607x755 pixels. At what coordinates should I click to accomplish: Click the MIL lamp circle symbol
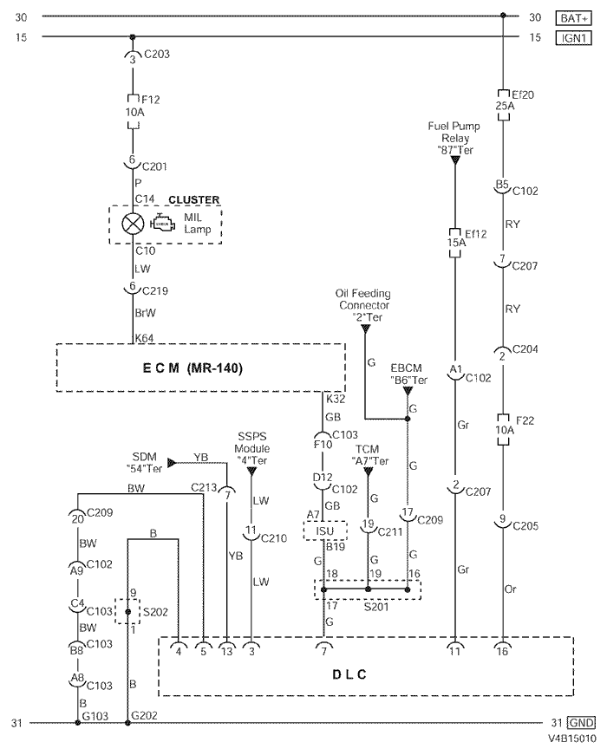(133, 224)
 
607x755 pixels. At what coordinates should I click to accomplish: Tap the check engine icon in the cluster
(163, 223)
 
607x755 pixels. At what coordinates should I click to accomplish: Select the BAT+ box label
(574, 18)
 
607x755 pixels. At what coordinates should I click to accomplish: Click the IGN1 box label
(574, 37)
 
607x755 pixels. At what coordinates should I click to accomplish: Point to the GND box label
(581, 723)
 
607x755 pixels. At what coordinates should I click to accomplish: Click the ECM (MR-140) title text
(193, 368)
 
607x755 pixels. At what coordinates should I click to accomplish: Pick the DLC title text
(349, 674)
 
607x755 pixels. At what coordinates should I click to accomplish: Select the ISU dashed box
(325, 530)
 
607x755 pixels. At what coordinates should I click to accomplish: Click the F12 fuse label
(150, 100)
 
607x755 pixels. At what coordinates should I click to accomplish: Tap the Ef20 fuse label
(522, 94)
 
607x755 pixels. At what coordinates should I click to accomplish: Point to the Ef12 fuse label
(475, 234)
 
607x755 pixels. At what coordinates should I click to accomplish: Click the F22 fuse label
(525, 420)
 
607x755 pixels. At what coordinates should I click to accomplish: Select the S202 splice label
(155, 612)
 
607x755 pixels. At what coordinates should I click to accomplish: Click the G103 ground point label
(95, 716)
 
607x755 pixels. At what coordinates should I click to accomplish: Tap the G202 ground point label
(145, 715)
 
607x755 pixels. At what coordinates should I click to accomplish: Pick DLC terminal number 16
(502, 652)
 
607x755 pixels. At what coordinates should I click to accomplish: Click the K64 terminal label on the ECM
(144, 338)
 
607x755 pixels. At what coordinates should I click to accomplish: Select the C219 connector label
(155, 291)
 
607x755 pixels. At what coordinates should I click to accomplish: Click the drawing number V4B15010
(571, 739)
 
